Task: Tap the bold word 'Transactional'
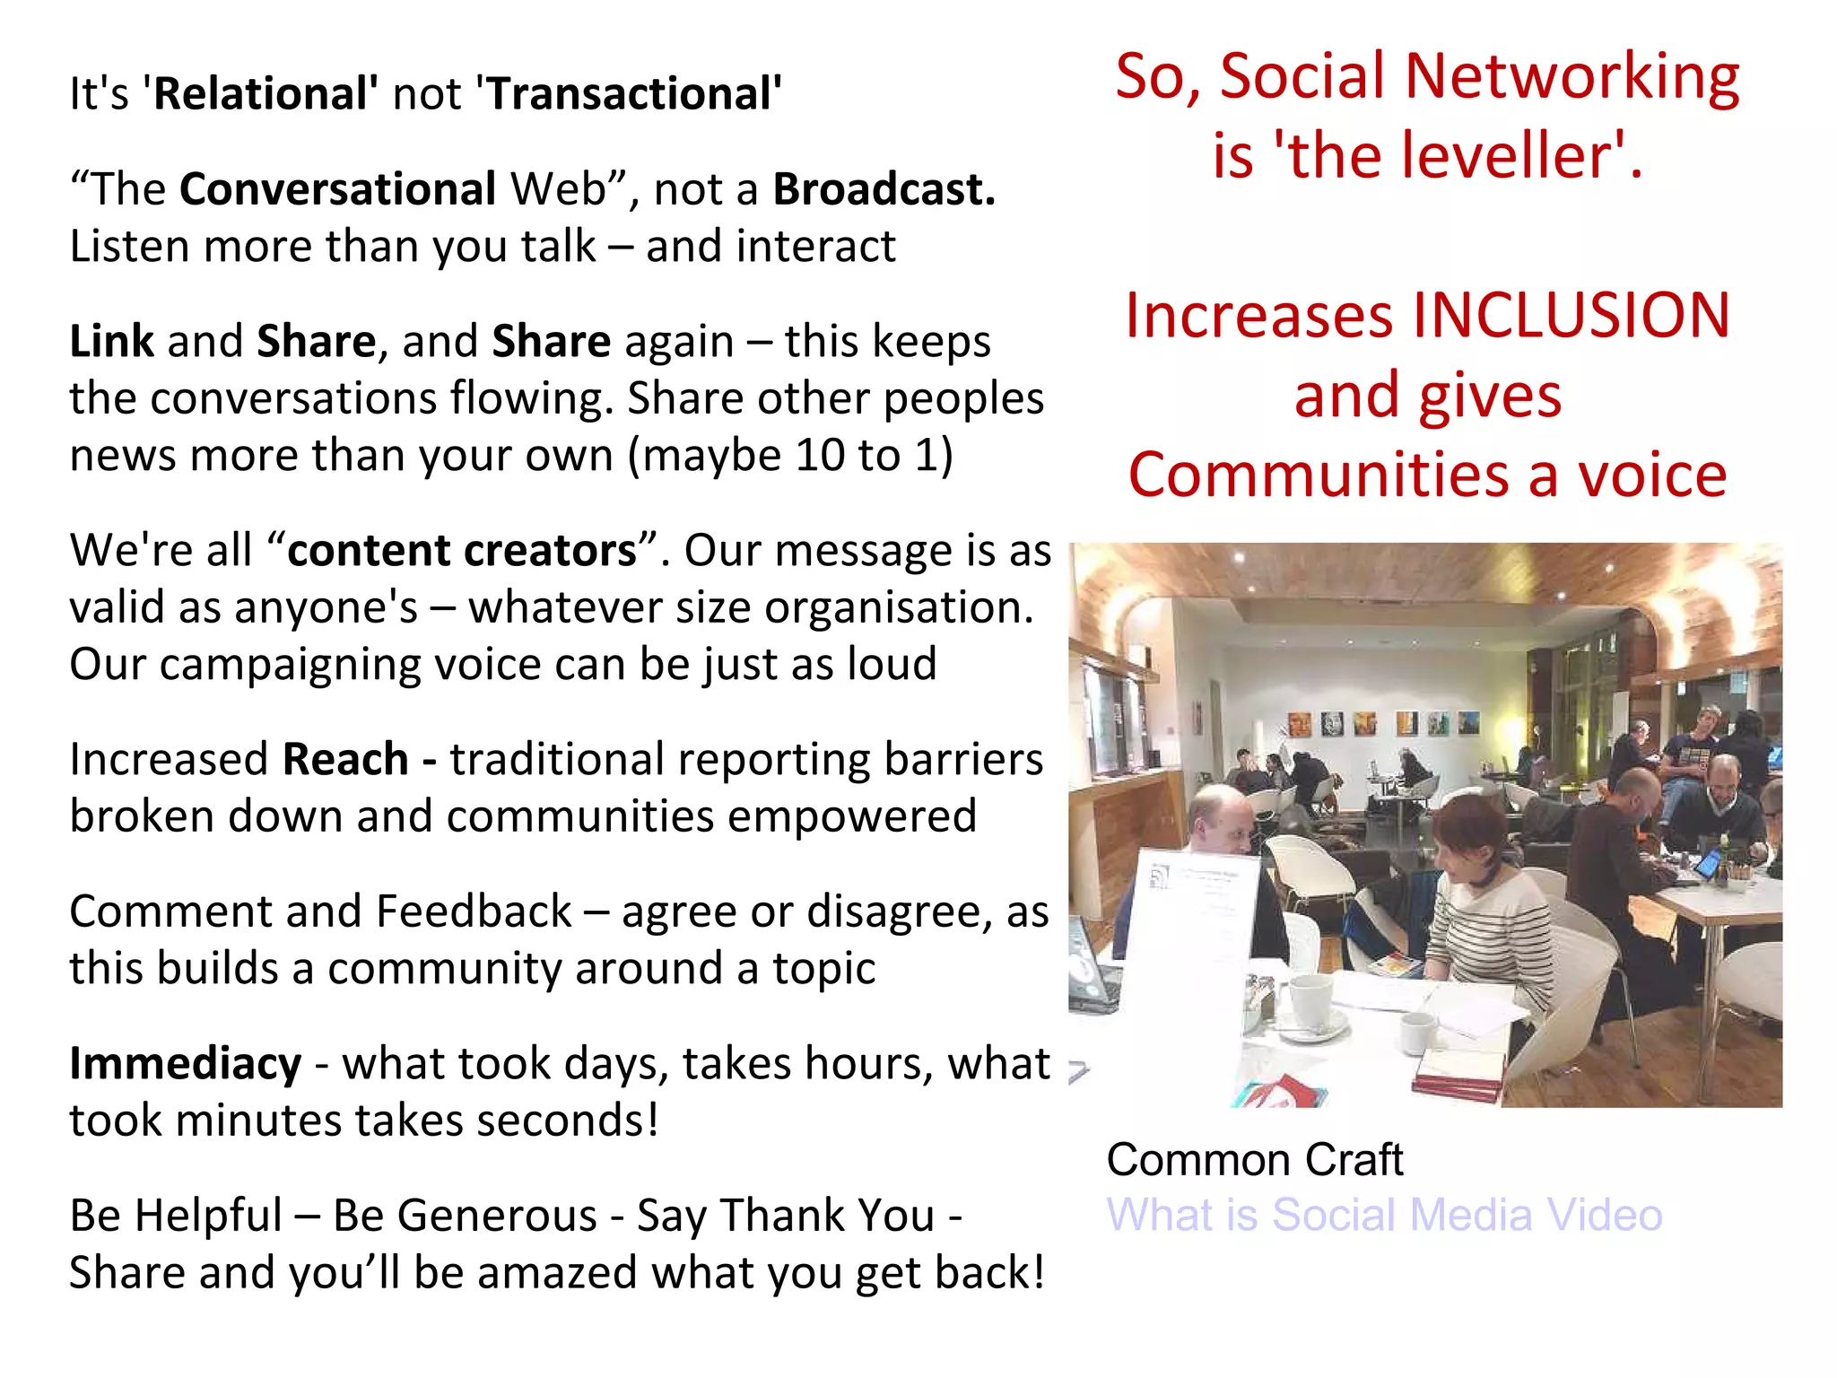(x=631, y=93)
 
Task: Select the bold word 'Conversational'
(x=337, y=189)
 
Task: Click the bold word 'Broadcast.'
(x=884, y=189)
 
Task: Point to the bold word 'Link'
(x=111, y=341)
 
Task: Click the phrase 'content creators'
(x=461, y=550)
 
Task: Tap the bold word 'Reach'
(x=345, y=759)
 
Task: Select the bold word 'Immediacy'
(x=186, y=1064)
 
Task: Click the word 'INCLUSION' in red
(x=1570, y=316)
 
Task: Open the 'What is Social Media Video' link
(x=1384, y=1215)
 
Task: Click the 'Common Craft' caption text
(x=1254, y=1159)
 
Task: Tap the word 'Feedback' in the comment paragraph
(x=473, y=911)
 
